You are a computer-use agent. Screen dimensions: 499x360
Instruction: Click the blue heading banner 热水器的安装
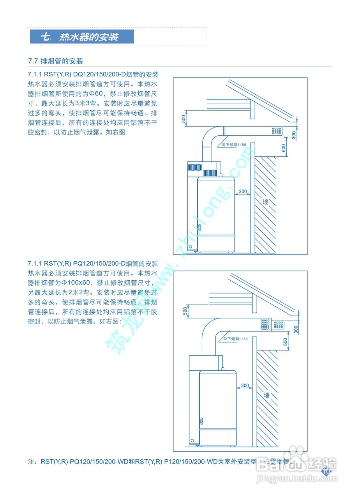82,37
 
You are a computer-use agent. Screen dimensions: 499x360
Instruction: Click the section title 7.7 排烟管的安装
55,61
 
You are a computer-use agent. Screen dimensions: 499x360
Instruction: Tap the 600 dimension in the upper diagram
284,148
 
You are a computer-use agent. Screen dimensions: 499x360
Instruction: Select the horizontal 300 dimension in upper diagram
243,191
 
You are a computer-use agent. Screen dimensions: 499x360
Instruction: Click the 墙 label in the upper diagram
266,202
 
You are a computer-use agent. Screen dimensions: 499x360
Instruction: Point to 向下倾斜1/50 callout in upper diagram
234,145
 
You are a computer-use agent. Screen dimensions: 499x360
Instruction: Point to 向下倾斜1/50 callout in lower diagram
235,339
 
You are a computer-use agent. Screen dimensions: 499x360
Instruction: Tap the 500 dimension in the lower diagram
185,311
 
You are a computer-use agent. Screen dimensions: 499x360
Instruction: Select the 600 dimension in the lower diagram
285,342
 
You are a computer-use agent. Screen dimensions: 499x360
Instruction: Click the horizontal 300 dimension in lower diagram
245,386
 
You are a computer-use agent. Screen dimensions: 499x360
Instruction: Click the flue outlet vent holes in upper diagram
277,131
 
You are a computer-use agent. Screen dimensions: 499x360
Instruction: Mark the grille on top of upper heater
202,169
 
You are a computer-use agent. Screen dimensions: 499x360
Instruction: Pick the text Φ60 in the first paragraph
95,94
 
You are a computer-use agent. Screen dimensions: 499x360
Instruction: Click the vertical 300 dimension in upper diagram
294,134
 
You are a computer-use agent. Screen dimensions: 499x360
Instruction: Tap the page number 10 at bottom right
326,471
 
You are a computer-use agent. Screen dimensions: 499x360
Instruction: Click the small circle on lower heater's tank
202,421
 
